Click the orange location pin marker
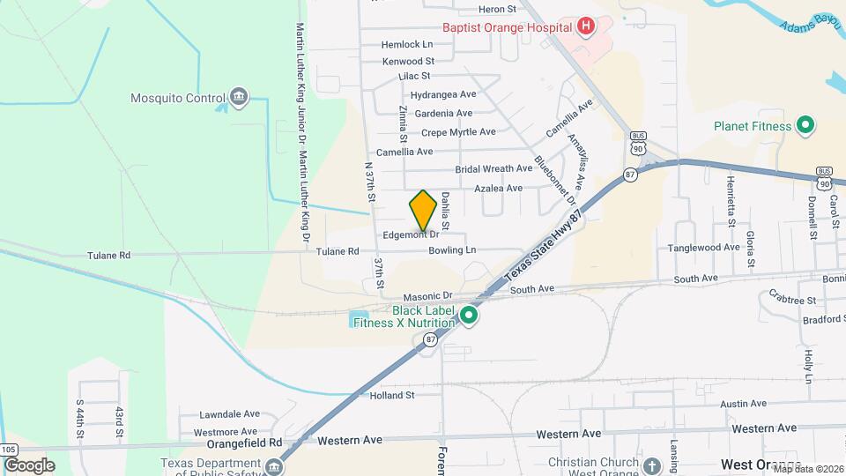tap(423, 210)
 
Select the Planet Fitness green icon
tap(805, 126)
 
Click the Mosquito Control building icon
tap(238, 98)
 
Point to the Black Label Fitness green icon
tap(470, 315)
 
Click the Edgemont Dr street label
tap(411, 235)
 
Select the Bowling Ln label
tap(452, 251)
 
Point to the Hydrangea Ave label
tap(443, 94)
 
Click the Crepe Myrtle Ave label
tap(458, 132)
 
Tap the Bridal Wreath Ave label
tap(493, 169)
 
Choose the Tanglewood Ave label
tap(703, 248)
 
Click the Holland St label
tap(392, 396)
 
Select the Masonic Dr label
tap(427, 297)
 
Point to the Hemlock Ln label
tap(407, 44)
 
